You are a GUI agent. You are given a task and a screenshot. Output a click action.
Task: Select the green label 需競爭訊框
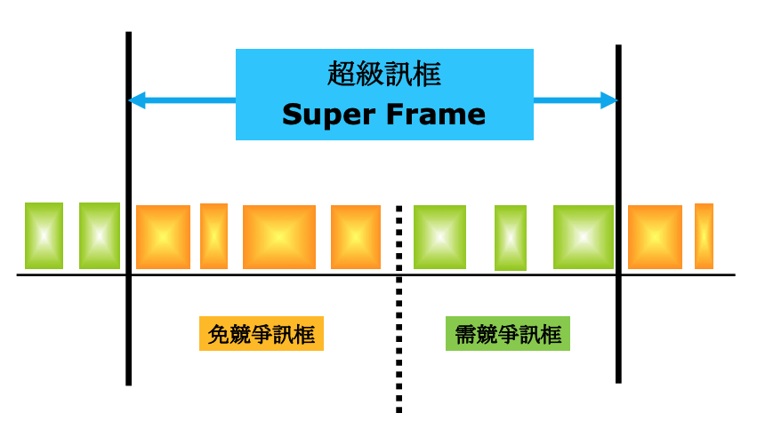point(507,335)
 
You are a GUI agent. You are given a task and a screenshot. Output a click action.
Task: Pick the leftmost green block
point(44,236)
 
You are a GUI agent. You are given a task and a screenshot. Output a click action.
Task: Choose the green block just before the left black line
point(99,236)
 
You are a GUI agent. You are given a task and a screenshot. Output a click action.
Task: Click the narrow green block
point(511,238)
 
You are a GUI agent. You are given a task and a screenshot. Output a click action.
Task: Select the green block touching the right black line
point(584,237)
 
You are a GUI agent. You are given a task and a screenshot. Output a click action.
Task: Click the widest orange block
point(279,237)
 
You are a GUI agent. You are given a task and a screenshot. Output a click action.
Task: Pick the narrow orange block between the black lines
point(213,236)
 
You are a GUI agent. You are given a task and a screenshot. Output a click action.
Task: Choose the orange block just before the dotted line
point(356,237)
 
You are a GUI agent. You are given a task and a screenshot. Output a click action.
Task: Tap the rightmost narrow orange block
point(704,236)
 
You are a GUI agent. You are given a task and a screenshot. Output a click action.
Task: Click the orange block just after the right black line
point(655,237)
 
